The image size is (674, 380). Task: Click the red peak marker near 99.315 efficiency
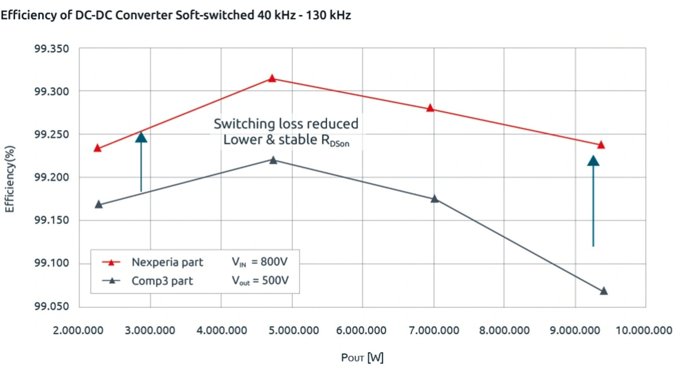click(x=272, y=78)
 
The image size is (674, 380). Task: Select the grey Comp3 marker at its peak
click(x=273, y=160)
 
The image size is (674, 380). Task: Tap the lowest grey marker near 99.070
click(x=604, y=291)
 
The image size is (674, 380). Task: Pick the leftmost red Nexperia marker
click(x=97, y=148)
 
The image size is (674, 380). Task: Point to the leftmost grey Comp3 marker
click(x=98, y=205)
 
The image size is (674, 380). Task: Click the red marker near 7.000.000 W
click(x=430, y=108)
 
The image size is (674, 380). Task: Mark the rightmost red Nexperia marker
click(x=601, y=145)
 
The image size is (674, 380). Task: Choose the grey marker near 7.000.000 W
click(x=434, y=199)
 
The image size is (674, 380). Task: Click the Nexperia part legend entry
click(x=167, y=262)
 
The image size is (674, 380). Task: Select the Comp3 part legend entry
click(x=162, y=281)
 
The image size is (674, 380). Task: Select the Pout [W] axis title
click(x=362, y=358)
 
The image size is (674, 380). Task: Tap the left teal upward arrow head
click(x=141, y=137)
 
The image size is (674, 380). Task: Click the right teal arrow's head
click(x=593, y=161)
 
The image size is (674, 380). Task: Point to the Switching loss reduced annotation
click(x=286, y=124)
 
